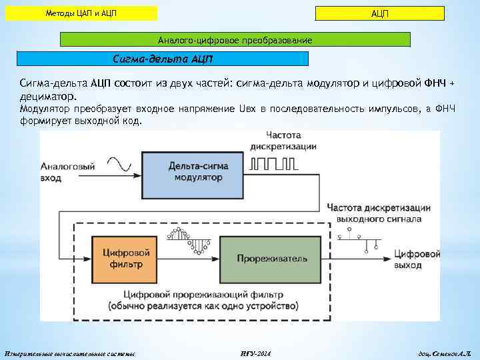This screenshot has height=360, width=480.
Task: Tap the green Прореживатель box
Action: coord(279,257)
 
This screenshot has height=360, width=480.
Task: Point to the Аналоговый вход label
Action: coord(67,172)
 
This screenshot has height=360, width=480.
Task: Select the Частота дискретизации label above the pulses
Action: coord(283,141)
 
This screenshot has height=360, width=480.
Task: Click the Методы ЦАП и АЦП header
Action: coord(81,13)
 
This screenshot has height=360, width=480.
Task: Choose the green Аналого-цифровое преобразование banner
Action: coord(235,41)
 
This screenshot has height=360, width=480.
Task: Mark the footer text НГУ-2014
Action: coord(254,352)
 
